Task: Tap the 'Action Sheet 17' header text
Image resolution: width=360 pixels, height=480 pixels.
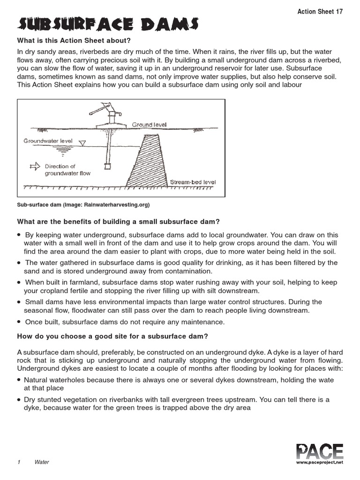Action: pos(320,12)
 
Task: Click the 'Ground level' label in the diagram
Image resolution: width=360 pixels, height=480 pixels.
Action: pos(149,125)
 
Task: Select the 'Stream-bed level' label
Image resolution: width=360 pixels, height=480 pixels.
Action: pos(193,182)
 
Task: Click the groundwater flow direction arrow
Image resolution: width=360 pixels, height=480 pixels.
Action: pos(35,166)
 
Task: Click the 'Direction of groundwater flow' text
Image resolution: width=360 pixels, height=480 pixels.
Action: pos(67,170)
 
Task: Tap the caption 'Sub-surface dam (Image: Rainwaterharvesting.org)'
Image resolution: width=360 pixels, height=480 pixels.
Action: pos(83,205)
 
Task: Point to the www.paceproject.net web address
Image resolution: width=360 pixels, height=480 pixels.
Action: pos(320,462)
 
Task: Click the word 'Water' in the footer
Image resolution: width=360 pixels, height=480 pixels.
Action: pos(42,462)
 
